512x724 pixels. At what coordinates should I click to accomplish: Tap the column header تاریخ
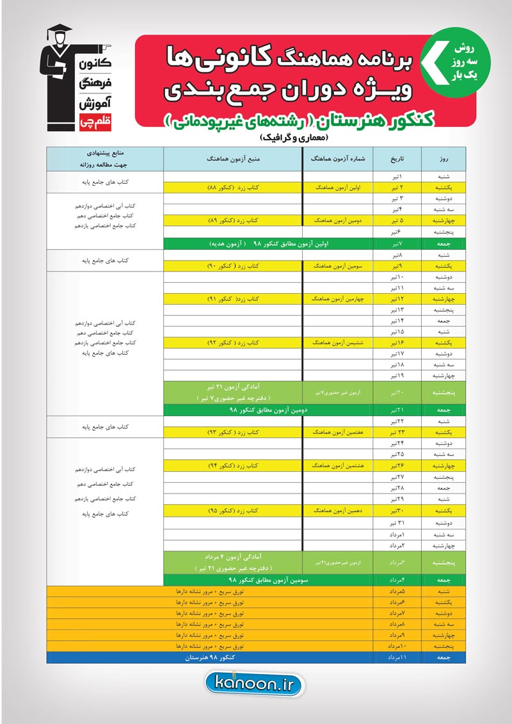click(x=397, y=157)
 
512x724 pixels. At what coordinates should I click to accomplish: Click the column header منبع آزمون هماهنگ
click(x=234, y=157)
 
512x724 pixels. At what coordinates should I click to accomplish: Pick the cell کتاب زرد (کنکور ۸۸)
click(x=233, y=188)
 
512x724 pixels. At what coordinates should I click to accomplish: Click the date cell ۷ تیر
click(x=397, y=243)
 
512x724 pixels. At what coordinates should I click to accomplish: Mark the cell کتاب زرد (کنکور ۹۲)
click(x=233, y=343)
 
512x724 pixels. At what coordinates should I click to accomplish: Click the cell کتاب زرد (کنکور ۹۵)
click(x=233, y=511)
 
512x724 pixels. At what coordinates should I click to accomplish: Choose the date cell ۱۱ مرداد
click(x=397, y=657)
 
